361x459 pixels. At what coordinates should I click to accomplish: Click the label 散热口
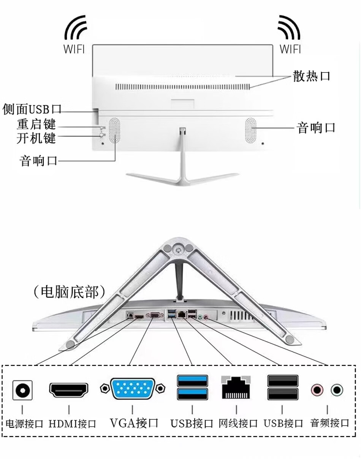[311, 76]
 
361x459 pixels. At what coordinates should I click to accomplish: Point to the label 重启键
[36, 124]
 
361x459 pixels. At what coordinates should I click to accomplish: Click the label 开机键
[36, 138]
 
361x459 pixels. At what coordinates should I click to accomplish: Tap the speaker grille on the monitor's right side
[251, 130]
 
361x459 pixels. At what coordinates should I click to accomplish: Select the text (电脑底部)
[68, 292]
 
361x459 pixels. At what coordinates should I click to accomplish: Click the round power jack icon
[22, 390]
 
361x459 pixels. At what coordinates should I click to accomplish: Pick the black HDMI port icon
[69, 389]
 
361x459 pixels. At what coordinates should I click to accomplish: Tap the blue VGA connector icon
[133, 388]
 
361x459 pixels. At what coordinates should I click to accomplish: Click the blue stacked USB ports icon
[192, 387]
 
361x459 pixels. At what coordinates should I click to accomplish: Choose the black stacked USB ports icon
[282, 387]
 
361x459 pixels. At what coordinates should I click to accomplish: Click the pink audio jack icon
[317, 389]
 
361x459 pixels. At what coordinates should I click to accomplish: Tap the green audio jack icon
[337, 389]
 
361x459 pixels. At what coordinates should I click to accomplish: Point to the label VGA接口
[134, 423]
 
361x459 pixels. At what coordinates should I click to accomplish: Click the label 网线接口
[238, 423]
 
